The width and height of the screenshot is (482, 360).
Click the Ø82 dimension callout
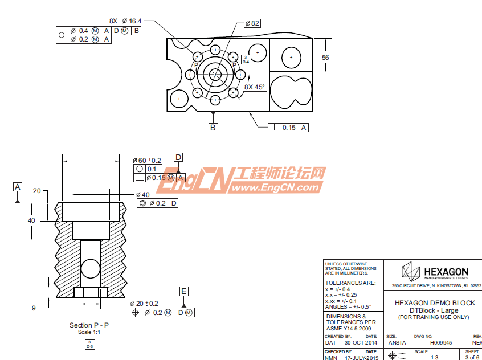tap(252, 23)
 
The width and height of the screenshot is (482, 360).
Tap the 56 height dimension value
tap(325, 57)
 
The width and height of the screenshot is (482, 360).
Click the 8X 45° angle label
tap(255, 87)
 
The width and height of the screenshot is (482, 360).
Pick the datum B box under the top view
tap(213, 128)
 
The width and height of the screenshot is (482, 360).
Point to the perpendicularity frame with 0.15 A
tap(288, 128)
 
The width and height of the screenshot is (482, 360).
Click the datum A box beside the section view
tap(18, 187)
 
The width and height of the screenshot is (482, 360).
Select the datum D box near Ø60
tap(178, 157)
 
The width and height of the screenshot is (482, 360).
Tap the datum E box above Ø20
tap(184, 291)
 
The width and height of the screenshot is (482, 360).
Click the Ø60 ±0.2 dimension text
tap(147, 161)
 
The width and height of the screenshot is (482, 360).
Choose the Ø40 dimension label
tap(142, 194)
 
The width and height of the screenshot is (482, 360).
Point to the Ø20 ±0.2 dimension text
tap(144, 304)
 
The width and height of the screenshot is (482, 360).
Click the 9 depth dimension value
tap(34, 308)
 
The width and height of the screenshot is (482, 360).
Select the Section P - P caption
tap(89, 325)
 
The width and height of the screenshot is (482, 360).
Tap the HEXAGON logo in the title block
tap(434, 271)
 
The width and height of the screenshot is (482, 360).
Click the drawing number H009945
tap(440, 343)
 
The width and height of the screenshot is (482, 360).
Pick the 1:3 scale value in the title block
tap(434, 357)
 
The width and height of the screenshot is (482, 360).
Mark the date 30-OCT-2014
tap(361, 343)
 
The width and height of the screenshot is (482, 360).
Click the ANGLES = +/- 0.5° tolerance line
tap(348, 306)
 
